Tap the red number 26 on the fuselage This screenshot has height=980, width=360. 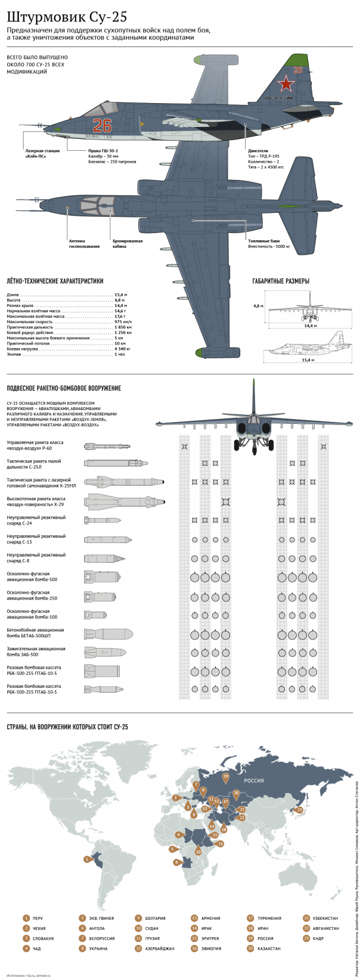click(102, 125)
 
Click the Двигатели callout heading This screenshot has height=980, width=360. click(258, 151)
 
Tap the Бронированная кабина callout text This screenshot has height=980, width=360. click(128, 243)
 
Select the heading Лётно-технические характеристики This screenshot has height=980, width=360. click(55, 281)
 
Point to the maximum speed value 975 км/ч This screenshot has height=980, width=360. click(123, 322)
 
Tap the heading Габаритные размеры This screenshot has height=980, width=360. click(281, 281)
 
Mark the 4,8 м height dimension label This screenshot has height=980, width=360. click(257, 306)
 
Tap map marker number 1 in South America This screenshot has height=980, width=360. click(87, 859)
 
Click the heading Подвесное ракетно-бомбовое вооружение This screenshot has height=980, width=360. click(63, 388)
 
